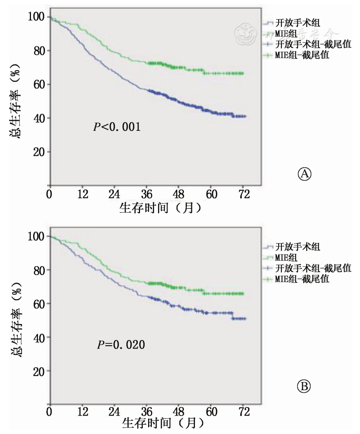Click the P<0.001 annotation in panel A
click(116, 129)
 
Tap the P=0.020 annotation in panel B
click(121, 345)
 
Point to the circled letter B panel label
click(304, 386)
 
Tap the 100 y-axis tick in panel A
click(36, 17)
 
